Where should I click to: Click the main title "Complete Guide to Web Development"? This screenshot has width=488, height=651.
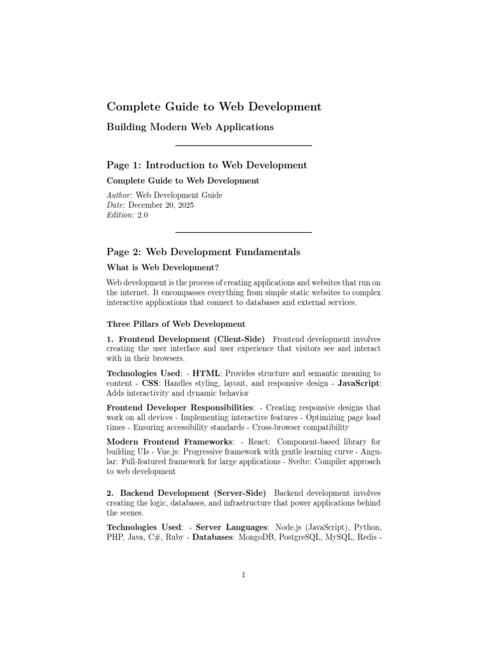tap(213, 106)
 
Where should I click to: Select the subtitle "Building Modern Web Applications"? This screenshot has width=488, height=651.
tap(190, 127)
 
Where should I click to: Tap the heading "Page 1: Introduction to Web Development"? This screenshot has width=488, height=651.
tap(207, 165)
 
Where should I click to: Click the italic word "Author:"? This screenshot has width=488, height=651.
tap(119, 196)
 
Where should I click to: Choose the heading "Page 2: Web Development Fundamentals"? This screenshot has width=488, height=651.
tap(203, 252)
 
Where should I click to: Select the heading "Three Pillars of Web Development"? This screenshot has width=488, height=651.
tap(166, 324)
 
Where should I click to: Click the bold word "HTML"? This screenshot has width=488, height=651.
tap(206, 373)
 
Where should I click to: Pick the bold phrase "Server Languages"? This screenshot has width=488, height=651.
tap(233, 527)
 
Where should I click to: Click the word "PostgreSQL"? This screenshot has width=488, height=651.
tap(302, 537)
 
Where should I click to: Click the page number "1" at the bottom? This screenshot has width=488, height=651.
tap(243, 575)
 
